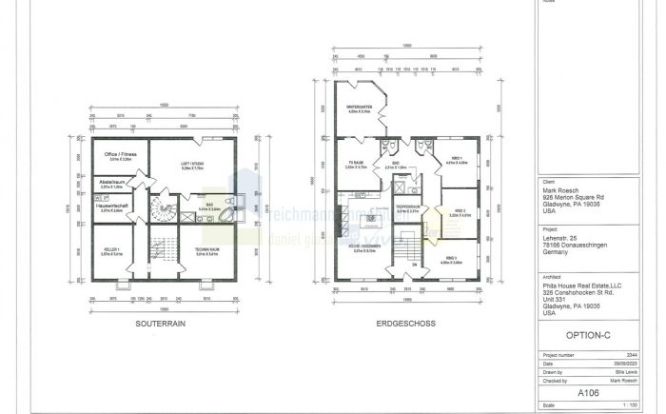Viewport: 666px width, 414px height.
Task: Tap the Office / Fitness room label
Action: pos(120,154)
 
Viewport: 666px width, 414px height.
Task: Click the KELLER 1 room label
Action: pos(111,251)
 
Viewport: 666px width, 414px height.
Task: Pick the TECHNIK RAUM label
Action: pos(207,252)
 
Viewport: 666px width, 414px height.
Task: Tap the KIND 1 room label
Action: pos(457,159)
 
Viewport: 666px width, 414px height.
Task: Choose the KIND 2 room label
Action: pos(459,212)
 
